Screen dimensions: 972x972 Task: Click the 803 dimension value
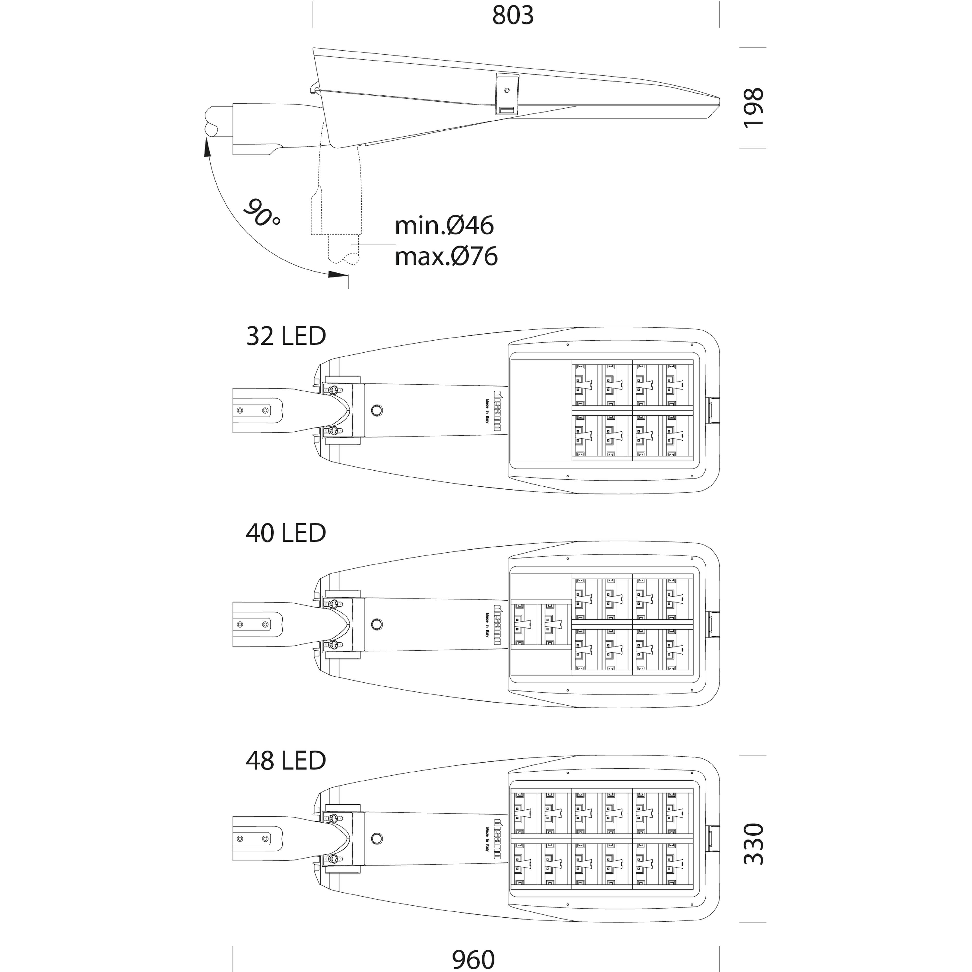click(513, 16)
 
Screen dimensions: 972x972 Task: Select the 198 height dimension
click(753, 108)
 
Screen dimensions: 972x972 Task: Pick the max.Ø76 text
click(446, 257)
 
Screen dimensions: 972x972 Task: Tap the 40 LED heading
click(286, 533)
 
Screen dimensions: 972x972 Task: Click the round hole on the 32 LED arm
click(376, 410)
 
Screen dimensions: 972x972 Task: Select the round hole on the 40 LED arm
click(376, 624)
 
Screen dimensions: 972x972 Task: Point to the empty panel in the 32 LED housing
click(541, 410)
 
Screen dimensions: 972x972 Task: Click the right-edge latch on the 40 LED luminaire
click(713, 624)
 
